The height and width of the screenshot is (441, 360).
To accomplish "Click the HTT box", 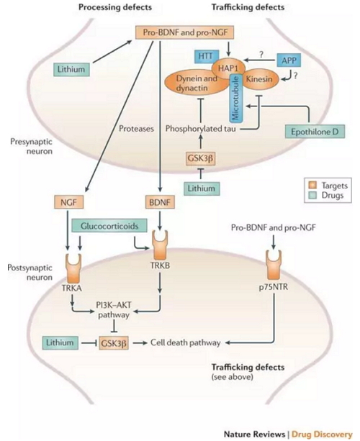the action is [206, 56].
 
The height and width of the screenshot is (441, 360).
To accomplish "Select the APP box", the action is [289, 60].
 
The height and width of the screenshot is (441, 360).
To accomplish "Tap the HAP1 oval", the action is [228, 68].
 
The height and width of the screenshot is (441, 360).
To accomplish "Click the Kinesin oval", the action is [259, 79].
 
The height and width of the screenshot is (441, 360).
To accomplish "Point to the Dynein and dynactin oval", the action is [197, 83].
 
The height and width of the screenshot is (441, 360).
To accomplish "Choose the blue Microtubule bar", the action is [236, 99].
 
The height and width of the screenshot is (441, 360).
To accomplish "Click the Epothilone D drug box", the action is [315, 132].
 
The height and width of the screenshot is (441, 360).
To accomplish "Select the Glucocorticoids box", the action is [109, 226].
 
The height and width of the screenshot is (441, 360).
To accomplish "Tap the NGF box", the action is [68, 202].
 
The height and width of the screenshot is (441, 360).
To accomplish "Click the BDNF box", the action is [160, 202].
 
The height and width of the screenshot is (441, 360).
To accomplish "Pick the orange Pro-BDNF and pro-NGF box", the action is [185, 32].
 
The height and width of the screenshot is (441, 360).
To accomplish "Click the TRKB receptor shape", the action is [160, 245].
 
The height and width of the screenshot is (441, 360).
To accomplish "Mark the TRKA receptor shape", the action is [73, 268].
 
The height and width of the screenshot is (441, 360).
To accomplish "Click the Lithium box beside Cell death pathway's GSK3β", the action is [60, 342].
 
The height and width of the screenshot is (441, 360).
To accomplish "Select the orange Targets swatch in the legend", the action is [312, 186].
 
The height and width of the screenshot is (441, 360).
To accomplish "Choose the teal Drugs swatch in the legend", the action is [312, 195].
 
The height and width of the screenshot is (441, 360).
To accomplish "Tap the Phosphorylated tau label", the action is [200, 129].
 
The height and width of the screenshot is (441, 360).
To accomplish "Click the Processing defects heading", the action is [115, 7].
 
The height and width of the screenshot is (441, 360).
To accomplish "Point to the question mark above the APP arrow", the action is [261, 54].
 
